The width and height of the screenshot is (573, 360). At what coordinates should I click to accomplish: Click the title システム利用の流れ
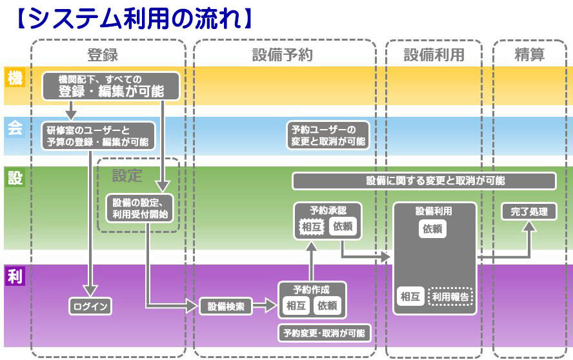tap(132, 17)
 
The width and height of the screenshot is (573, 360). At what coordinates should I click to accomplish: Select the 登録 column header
tap(103, 55)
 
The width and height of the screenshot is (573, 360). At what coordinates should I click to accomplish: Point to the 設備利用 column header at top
tap(434, 55)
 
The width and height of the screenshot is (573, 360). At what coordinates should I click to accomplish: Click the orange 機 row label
tap(14, 78)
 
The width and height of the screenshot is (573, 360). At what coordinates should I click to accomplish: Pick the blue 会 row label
tap(14, 128)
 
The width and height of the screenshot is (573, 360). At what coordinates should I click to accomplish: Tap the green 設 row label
tap(14, 177)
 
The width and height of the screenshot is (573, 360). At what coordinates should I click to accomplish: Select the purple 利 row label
tap(14, 277)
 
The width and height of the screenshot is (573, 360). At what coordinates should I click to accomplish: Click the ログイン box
tap(90, 306)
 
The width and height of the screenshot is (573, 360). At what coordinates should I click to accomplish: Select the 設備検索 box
tap(225, 306)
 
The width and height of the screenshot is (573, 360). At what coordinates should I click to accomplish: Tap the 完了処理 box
tap(529, 212)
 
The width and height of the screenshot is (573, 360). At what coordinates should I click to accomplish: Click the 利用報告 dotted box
tap(450, 297)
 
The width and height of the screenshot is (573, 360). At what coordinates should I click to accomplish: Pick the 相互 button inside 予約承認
tap(312, 226)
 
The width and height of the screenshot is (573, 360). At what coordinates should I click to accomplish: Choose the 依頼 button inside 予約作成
tap(328, 306)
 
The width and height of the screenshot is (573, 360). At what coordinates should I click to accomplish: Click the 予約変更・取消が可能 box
tap(325, 333)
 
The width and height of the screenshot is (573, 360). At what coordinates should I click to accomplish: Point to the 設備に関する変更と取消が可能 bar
tap(424, 181)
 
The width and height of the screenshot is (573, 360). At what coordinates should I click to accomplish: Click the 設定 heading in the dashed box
tap(126, 175)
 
